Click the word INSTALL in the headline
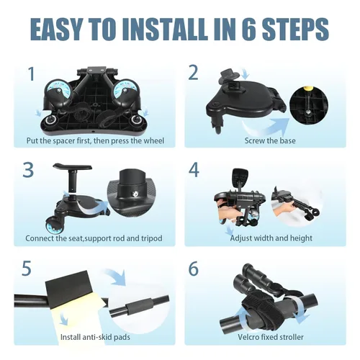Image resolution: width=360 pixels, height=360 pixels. [166, 29]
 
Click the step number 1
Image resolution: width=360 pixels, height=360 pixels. [32, 74]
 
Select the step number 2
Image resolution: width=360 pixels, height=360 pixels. [193, 73]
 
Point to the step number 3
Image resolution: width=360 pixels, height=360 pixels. [28, 170]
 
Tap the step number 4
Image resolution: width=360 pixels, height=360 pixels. [194, 170]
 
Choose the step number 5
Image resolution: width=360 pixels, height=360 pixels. [27, 268]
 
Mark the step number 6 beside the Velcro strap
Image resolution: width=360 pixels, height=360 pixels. [194, 269]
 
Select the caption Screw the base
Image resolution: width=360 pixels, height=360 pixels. [270, 140]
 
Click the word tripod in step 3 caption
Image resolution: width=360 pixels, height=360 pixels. [151, 238]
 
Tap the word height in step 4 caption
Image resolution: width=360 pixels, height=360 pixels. [301, 238]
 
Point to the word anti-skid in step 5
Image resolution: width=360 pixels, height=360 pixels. [97, 337]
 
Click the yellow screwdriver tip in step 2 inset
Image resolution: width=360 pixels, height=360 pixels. [307, 89]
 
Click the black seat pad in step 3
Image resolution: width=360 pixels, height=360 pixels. [73, 166]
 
